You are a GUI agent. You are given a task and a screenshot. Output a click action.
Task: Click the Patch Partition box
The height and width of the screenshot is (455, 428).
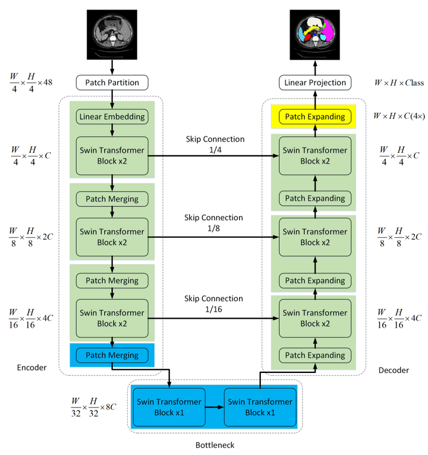(112, 83)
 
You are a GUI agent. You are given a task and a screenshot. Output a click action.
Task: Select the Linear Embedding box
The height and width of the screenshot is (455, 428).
(112, 117)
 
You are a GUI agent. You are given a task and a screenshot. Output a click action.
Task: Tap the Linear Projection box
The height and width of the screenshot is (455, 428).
(314, 83)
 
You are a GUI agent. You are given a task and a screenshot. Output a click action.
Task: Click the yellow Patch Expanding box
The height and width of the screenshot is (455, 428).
(314, 117)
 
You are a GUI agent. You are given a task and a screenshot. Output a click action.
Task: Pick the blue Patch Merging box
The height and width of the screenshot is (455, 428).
(112, 355)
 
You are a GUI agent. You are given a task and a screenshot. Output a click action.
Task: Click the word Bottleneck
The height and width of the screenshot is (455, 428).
(215, 445)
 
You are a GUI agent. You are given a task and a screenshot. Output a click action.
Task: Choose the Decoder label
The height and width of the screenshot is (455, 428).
(394, 370)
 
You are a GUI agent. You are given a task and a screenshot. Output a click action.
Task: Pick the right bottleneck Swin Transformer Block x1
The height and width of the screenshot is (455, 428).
(260, 407)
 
